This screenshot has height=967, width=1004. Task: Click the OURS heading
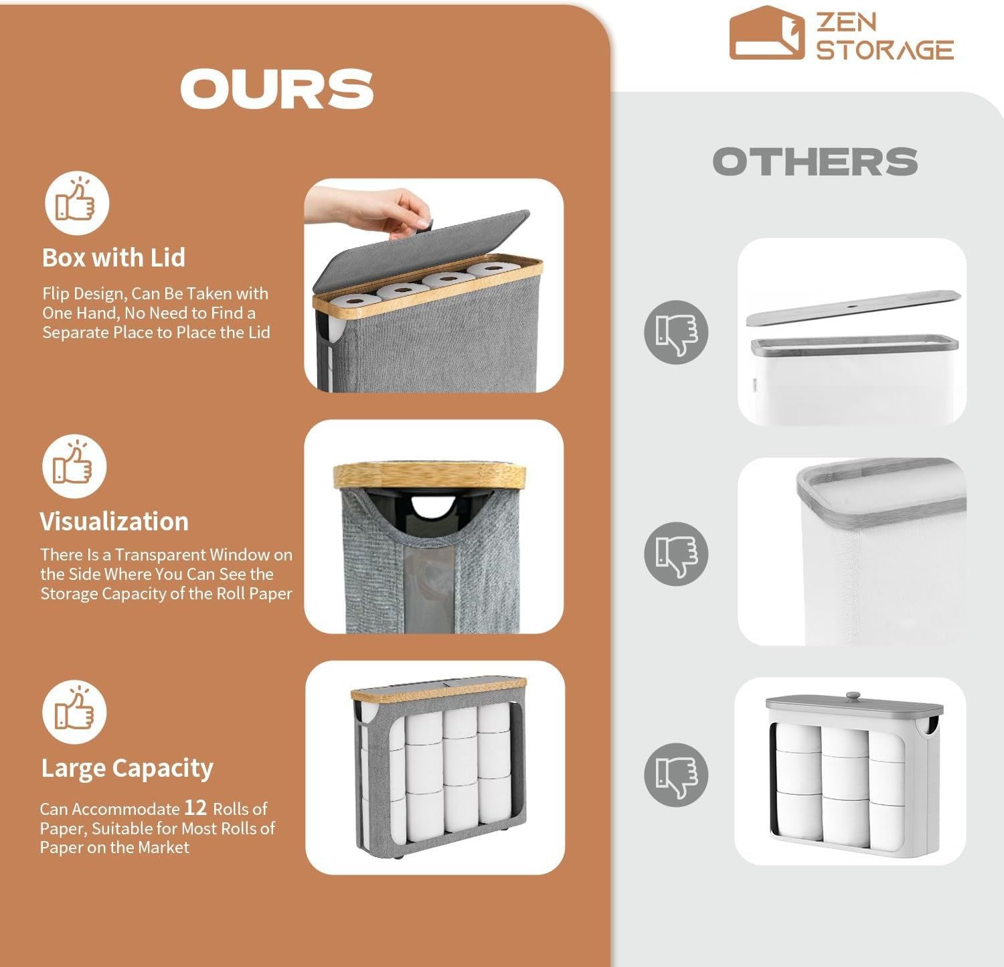click(276, 88)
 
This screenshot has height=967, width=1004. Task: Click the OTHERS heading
click(815, 161)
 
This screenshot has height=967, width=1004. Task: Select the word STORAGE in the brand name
click(885, 50)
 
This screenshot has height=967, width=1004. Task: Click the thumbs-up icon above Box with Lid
click(76, 202)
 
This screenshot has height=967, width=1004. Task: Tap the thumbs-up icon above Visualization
click(74, 465)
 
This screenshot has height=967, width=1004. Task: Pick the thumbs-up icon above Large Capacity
click(74, 711)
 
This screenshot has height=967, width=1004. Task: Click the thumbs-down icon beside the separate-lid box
click(676, 332)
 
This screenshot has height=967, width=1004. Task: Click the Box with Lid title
click(113, 258)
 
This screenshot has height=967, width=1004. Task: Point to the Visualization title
click(114, 522)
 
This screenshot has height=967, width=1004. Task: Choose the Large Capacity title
click(127, 769)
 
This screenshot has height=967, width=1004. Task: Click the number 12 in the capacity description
click(195, 808)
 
